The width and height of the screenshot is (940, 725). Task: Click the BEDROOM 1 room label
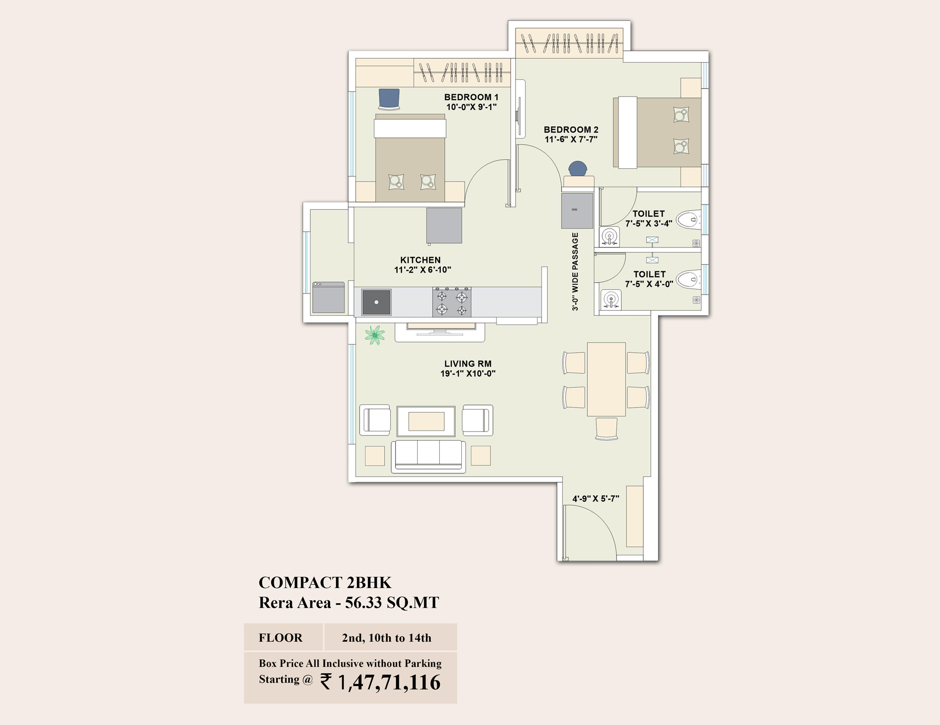[x=471, y=97]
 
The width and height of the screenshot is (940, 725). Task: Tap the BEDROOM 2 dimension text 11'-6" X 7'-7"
[x=571, y=139]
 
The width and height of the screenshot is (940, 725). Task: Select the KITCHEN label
[x=421, y=260]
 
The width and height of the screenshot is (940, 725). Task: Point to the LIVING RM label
[x=468, y=363]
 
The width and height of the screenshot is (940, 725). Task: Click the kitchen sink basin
[x=376, y=302]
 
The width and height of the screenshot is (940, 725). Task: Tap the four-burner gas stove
[x=452, y=302]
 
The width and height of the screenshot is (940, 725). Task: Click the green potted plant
[x=375, y=335]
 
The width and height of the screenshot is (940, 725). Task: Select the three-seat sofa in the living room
[x=428, y=456]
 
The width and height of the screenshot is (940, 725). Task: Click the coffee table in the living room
[x=426, y=421]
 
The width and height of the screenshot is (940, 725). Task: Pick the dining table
[x=606, y=379]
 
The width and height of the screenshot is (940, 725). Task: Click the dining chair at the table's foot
[x=607, y=429]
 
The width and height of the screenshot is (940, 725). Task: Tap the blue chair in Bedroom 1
[x=389, y=99]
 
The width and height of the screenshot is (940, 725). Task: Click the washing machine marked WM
[x=577, y=210]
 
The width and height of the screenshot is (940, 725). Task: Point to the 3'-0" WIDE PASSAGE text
[x=575, y=272]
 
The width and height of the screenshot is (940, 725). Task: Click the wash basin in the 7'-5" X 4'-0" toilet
[x=611, y=299]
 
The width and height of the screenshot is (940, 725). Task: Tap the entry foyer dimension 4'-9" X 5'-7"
[x=596, y=498]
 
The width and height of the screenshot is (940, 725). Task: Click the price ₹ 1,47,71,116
[x=380, y=682]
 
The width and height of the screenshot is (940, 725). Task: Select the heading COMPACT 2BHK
[x=325, y=583]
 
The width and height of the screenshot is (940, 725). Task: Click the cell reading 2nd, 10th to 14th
[x=387, y=638]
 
